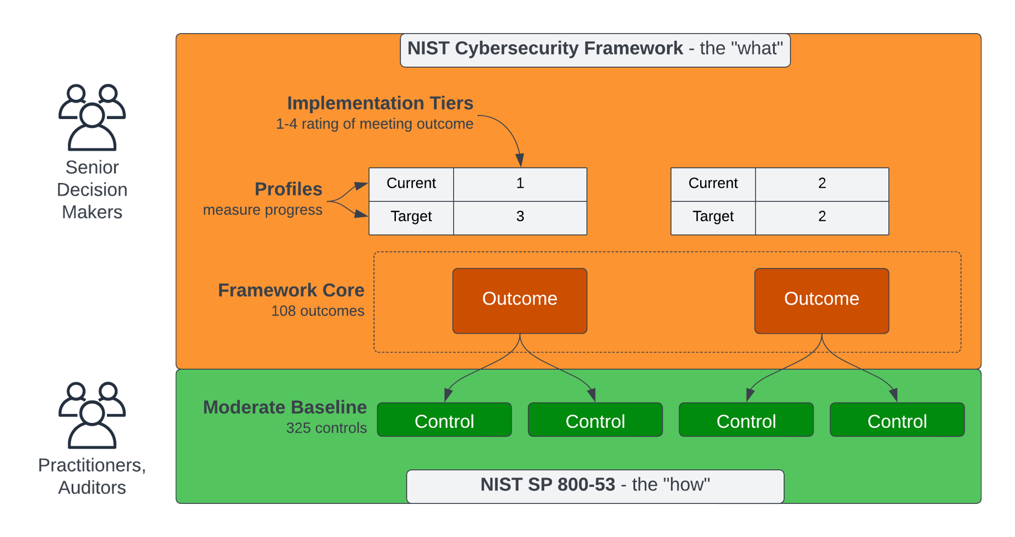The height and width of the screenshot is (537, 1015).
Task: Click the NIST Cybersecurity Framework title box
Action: point(595,50)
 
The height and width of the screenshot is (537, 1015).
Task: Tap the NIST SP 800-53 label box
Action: point(595,485)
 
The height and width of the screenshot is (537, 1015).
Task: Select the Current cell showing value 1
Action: point(520,184)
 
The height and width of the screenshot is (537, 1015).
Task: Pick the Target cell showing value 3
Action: point(520,217)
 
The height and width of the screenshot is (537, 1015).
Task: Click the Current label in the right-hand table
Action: point(713,184)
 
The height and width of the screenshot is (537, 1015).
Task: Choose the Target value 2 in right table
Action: point(821,217)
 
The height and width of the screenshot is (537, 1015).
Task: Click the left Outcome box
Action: point(519,300)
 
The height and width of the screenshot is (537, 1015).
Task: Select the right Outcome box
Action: point(821,300)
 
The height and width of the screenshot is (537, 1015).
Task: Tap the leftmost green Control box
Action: point(444,420)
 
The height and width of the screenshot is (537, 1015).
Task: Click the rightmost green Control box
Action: point(897,420)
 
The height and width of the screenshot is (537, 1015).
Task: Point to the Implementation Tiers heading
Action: point(380,103)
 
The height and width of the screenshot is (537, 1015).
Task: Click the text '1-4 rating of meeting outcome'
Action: point(374,124)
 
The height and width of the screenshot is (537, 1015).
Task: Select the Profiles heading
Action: point(288,189)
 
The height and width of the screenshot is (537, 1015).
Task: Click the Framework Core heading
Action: point(291,290)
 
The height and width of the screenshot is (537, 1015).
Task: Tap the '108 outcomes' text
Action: point(318,311)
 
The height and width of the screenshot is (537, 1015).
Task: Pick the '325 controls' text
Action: point(326,428)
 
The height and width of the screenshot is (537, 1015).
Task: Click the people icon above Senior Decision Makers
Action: point(92,117)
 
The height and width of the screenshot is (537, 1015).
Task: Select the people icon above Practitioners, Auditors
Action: point(92,415)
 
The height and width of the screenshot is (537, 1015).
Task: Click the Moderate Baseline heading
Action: point(284,407)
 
